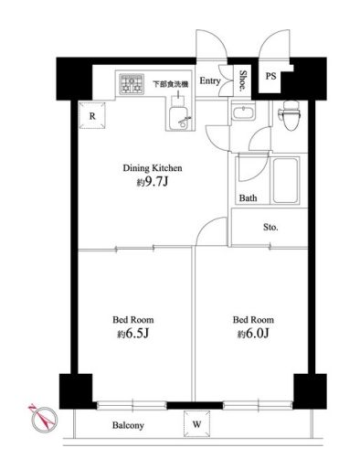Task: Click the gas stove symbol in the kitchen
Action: pyautogui.click(x=132, y=84)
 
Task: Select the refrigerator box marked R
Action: pyautogui.click(x=92, y=115)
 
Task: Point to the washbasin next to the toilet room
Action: pyautogui.click(x=243, y=112)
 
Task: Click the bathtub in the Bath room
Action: pyautogui.click(x=285, y=180)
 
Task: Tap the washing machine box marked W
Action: pyautogui.click(x=196, y=423)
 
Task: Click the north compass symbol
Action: pyautogui.click(x=44, y=420)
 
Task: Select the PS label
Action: pyautogui.click(x=270, y=76)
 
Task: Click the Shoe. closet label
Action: pyautogui.click(x=243, y=80)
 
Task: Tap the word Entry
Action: pyautogui.click(x=210, y=81)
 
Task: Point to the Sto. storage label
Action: pyautogui.click(x=270, y=227)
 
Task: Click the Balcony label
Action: pyautogui.click(x=128, y=425)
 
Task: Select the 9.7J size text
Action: pyautogui.click(x=155, y=182)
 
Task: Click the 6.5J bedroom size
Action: pyautogui.click(x=137, y=334)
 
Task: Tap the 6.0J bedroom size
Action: pyautogui.click(x=257, y=334)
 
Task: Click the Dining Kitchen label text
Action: pyautogui.click(x=153, y=168)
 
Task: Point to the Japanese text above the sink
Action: pyautogui.click(x=170, y=84)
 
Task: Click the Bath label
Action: pyautogui.click(x=248, y=198)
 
